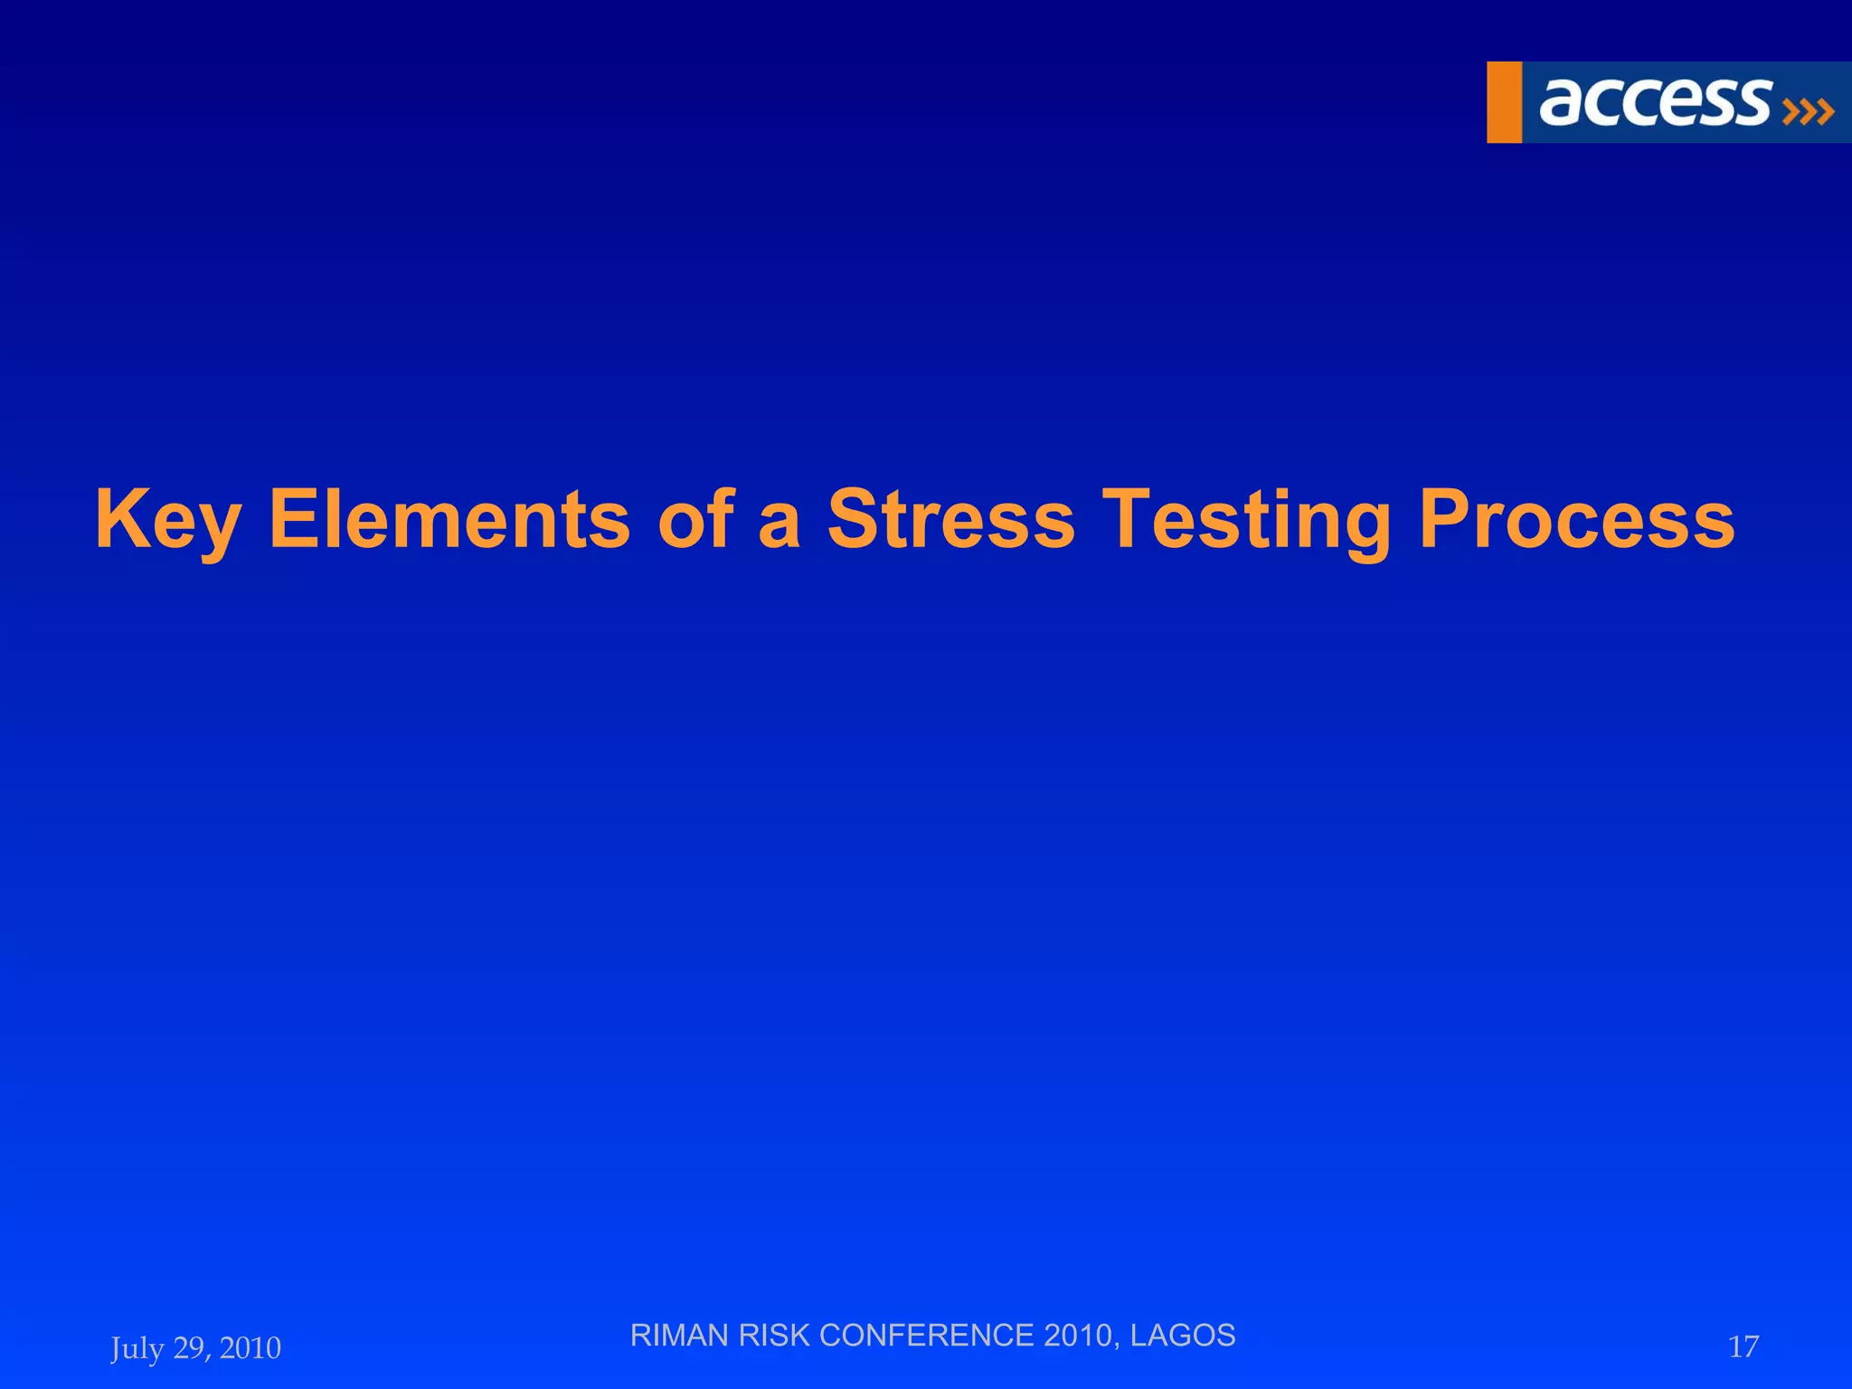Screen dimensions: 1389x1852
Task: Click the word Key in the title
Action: coord(168,519)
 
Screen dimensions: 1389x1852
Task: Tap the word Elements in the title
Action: coord(449,519)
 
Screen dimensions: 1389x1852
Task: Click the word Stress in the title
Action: coord(950,519)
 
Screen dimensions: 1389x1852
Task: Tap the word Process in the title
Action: coord(1576,519)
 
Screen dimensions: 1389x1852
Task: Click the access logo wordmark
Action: coord(1654,101)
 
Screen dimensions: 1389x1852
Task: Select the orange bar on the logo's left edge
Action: coord(1504,102)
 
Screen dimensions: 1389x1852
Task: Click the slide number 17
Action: coord(1743,1346)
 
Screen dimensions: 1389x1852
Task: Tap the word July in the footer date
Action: coord(137,1348)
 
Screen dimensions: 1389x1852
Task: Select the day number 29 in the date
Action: coord(190,1347)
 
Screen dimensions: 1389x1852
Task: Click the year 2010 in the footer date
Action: coord(250,1347)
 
